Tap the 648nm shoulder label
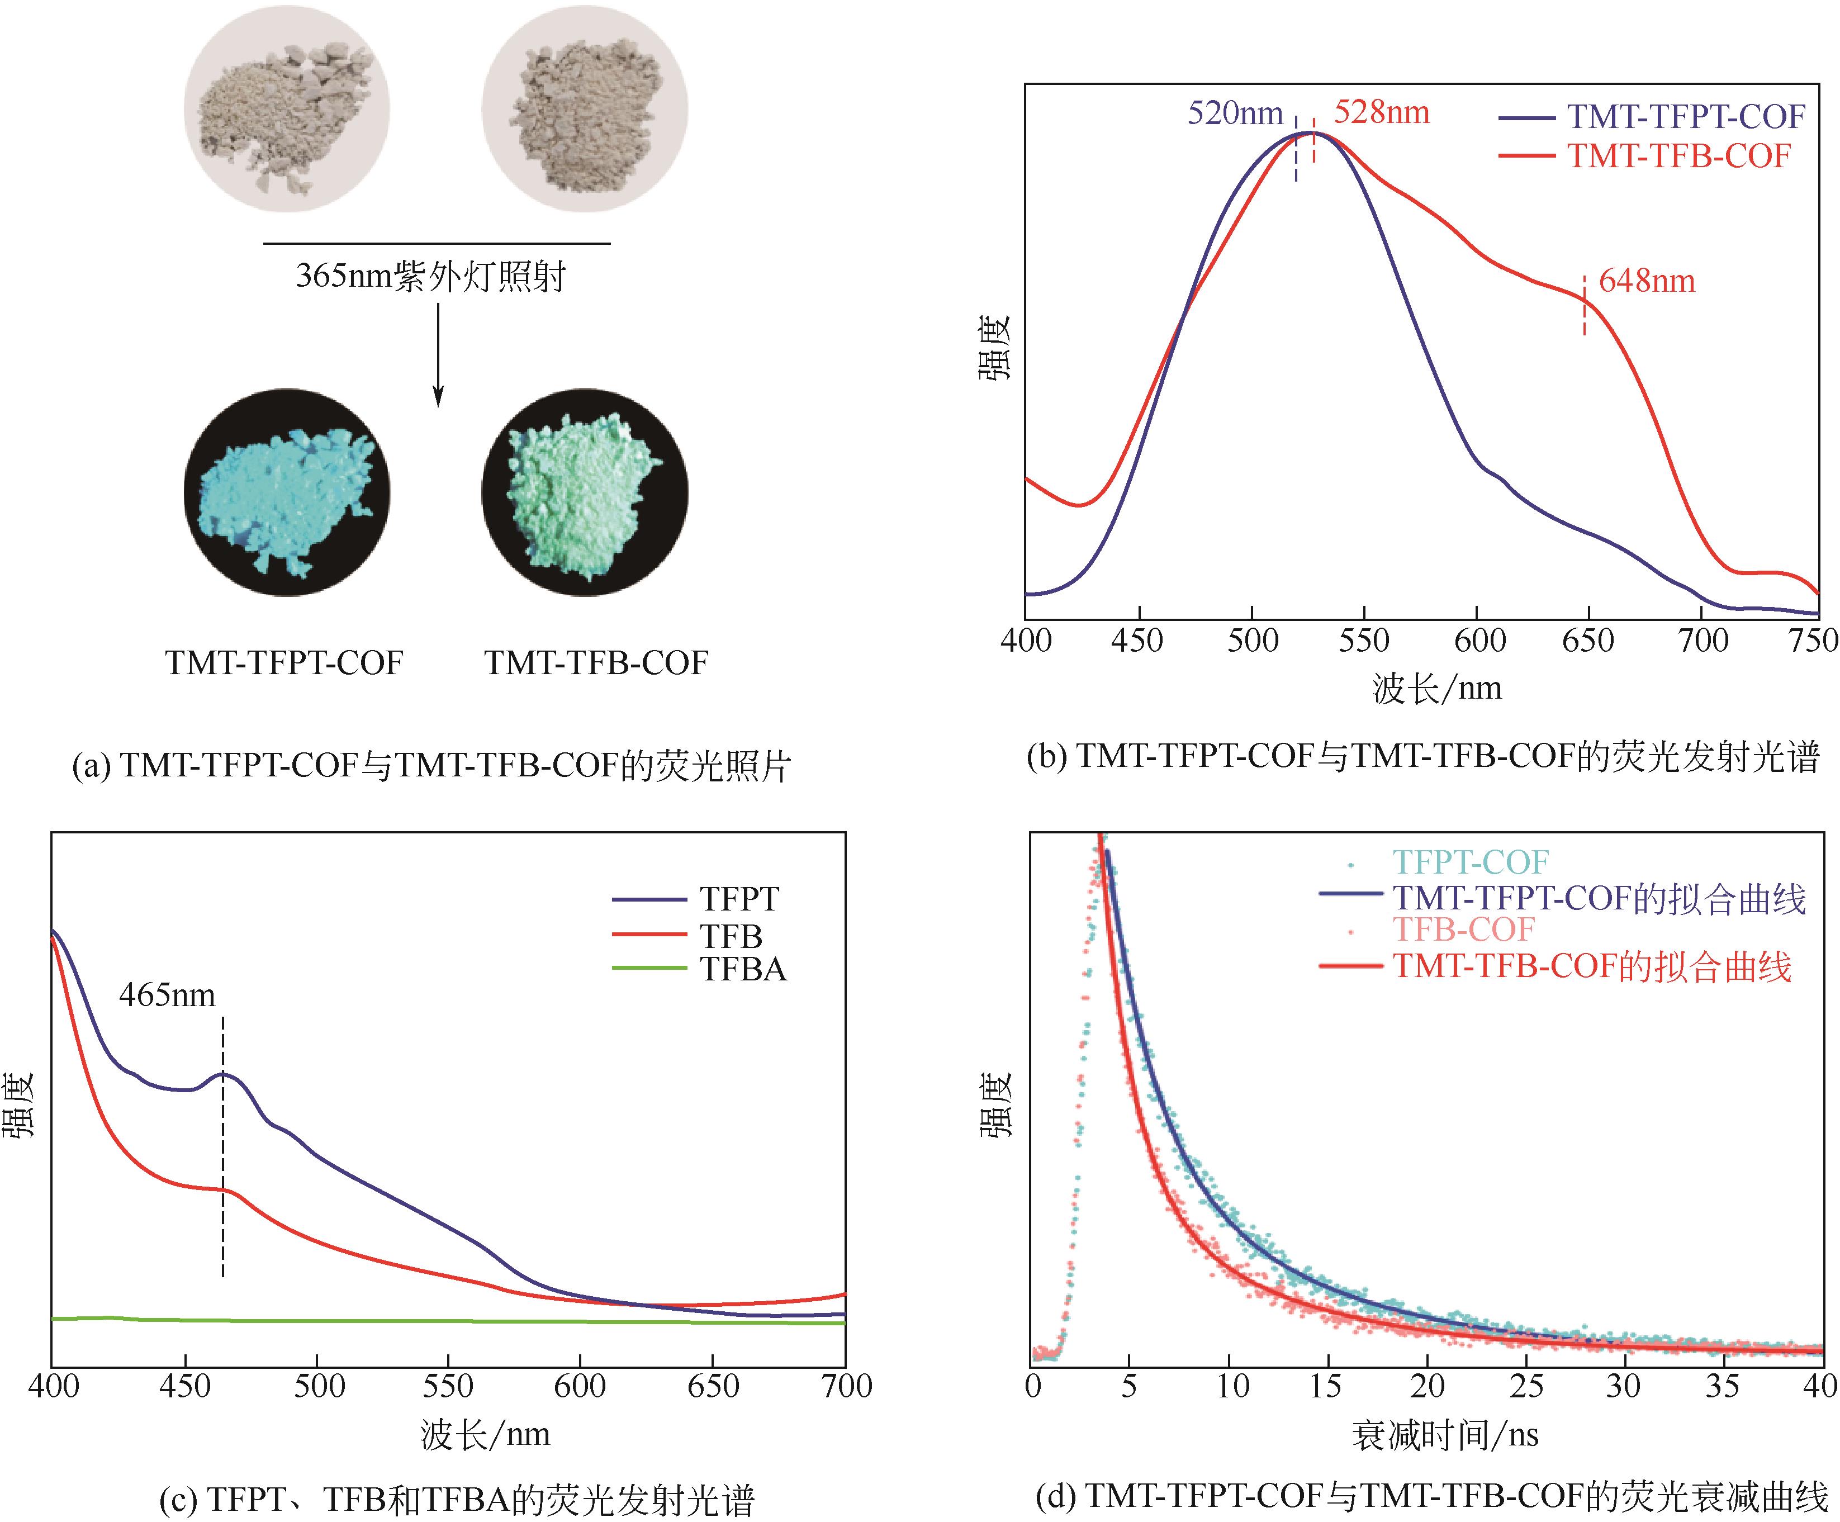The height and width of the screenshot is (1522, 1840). pos(1647,281)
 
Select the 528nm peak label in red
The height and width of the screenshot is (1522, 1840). pos(1382,112)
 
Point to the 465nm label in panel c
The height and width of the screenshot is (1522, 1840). pos(167,995)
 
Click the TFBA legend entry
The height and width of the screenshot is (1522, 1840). pos(742,969)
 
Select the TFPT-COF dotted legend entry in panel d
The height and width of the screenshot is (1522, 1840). pos(1470,862)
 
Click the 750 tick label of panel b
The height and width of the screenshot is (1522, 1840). pos(1814,641)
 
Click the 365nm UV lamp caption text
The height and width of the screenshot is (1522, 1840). pos(431,276)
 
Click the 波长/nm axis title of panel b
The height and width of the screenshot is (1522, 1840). pos(1437,688)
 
